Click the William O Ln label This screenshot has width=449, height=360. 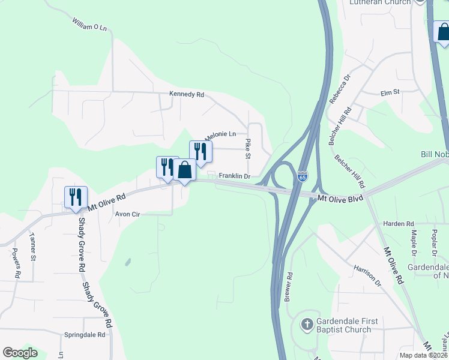(x=89, y=26)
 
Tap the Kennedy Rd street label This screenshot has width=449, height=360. (x=187, y=95)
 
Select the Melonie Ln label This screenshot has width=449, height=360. (x=220, y=134)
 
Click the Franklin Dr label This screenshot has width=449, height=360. (x=234, y=176)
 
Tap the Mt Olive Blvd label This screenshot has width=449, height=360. (x=340, y=198)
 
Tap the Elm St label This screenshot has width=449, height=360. (x=390, y=93)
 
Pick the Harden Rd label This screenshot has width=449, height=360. (x=402, y=223)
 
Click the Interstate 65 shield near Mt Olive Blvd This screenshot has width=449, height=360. (x=303, y=178)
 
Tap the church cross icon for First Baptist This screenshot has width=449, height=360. (x=306, y=326)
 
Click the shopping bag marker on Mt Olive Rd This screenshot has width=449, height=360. (x=185, y=171)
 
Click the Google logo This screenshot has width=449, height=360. (x=20, y=353)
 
